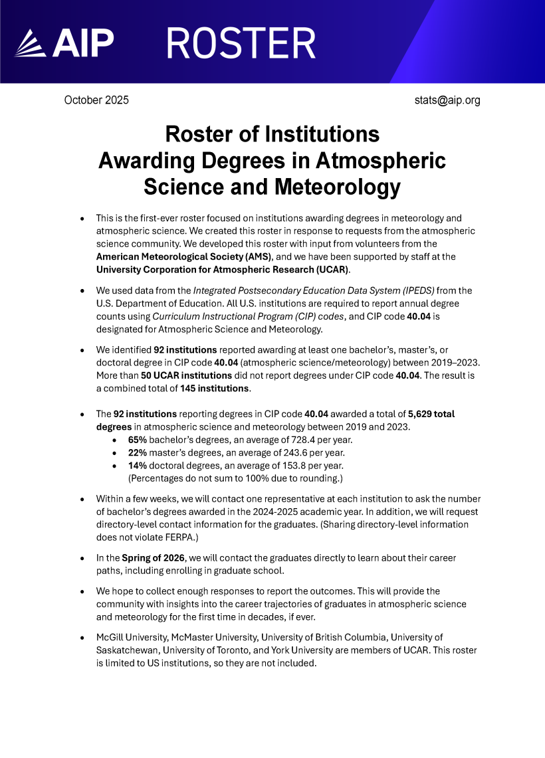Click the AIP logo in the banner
point(63,44)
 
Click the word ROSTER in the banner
point(241,44)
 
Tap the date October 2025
point(96,100)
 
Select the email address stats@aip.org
point(447,100)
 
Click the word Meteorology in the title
point(338,187)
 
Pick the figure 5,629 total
point(431,414)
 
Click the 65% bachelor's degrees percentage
point(138,440)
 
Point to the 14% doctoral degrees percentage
point(137,466)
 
